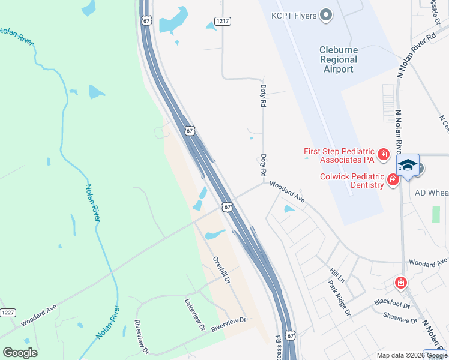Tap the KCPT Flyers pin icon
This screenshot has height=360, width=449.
(326, 15)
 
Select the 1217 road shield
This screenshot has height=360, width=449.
(223, 21)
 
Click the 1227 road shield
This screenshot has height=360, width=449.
(8, 313)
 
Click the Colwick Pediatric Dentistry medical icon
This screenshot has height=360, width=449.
(393, 179)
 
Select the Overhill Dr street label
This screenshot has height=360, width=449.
(221, 271)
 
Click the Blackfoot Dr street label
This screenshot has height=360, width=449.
(391, 304)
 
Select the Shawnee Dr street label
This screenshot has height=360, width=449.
(400, 320)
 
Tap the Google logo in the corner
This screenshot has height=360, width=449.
(20, 353)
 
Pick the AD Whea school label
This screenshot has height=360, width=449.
(432, 193)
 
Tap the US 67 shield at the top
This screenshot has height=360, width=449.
(146, 20)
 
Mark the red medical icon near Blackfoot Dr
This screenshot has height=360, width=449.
(400, 283)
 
